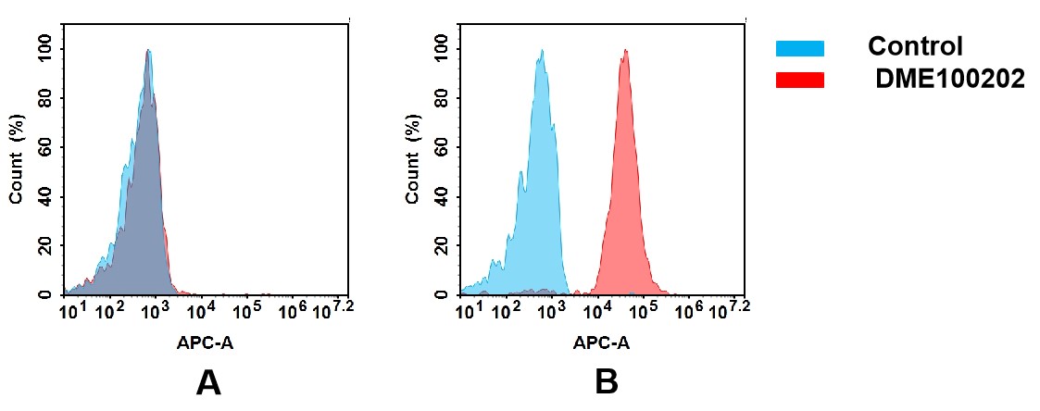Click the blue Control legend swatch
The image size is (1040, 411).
pos(799,48)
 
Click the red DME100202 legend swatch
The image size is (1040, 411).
pos(799,81)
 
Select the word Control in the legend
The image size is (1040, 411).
pos(915,46)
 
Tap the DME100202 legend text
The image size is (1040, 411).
pos(951,81)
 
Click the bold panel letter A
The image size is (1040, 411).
pos(208,382)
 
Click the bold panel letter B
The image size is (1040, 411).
pos(607,382)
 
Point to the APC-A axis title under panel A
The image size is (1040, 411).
pos(206,342)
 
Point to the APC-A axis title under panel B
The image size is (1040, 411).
pos(601,342)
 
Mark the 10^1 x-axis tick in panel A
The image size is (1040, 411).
pos(72,309)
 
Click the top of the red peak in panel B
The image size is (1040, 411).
pos(626,51)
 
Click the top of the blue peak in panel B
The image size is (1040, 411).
pos(541,51)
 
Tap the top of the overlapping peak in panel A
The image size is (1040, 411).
pos(148,51)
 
